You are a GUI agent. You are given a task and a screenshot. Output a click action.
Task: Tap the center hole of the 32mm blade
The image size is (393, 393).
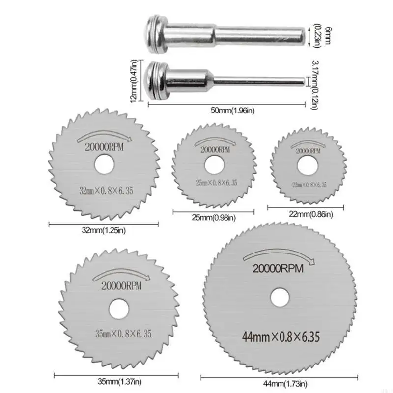[104, 165]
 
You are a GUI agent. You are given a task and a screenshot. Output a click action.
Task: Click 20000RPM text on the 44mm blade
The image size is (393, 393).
[278, 268]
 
